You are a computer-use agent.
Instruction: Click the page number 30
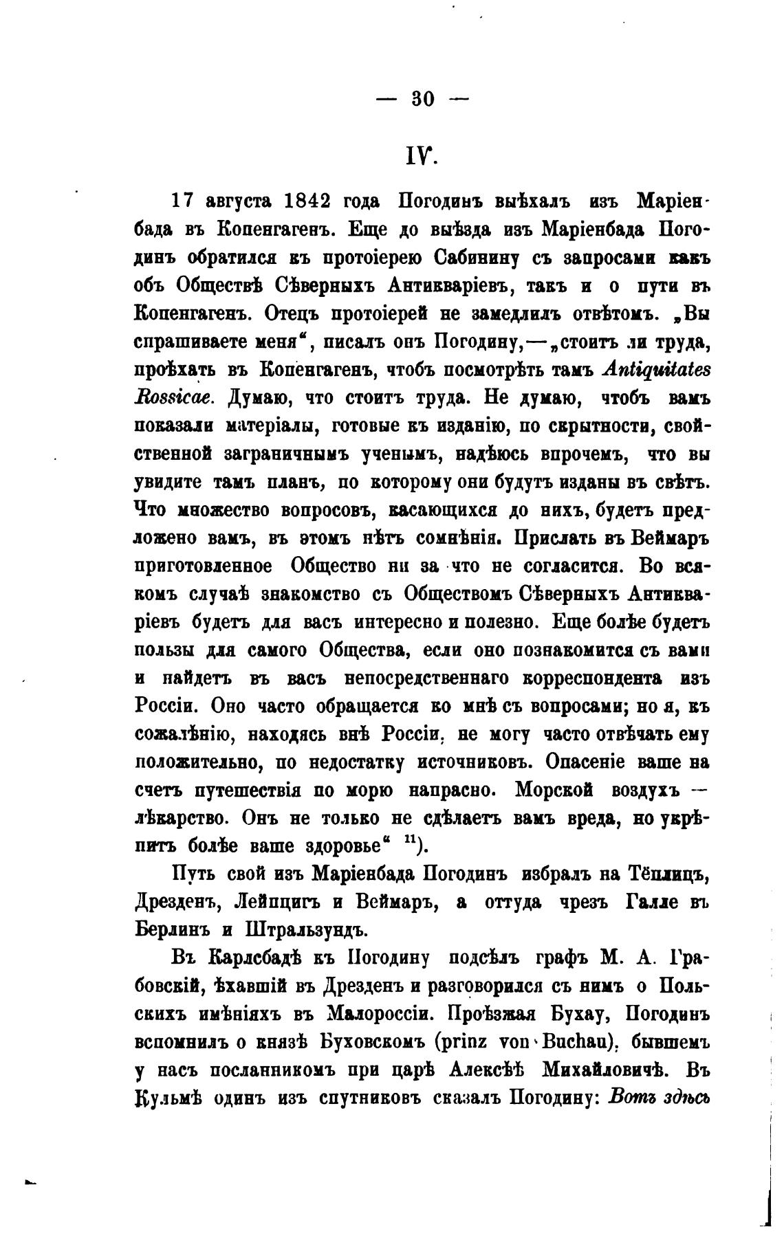423,99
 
